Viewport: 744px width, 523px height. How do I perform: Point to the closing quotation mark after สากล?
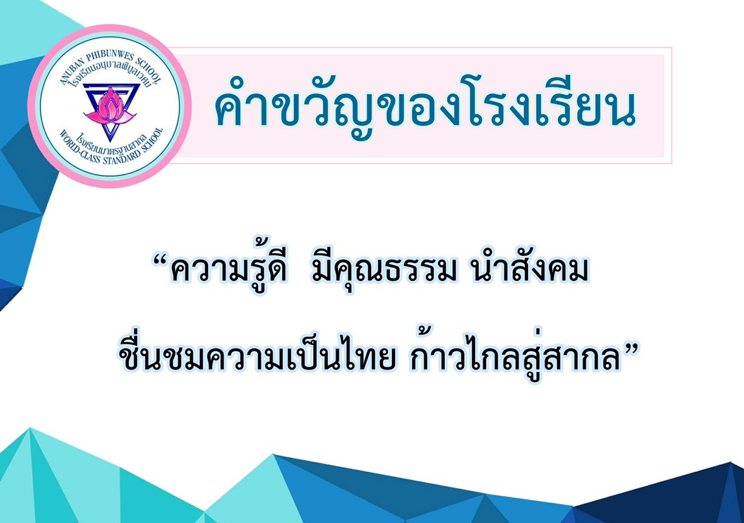[x=629, y=349]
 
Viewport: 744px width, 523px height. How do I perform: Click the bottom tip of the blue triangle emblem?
[x=110, y=142]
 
